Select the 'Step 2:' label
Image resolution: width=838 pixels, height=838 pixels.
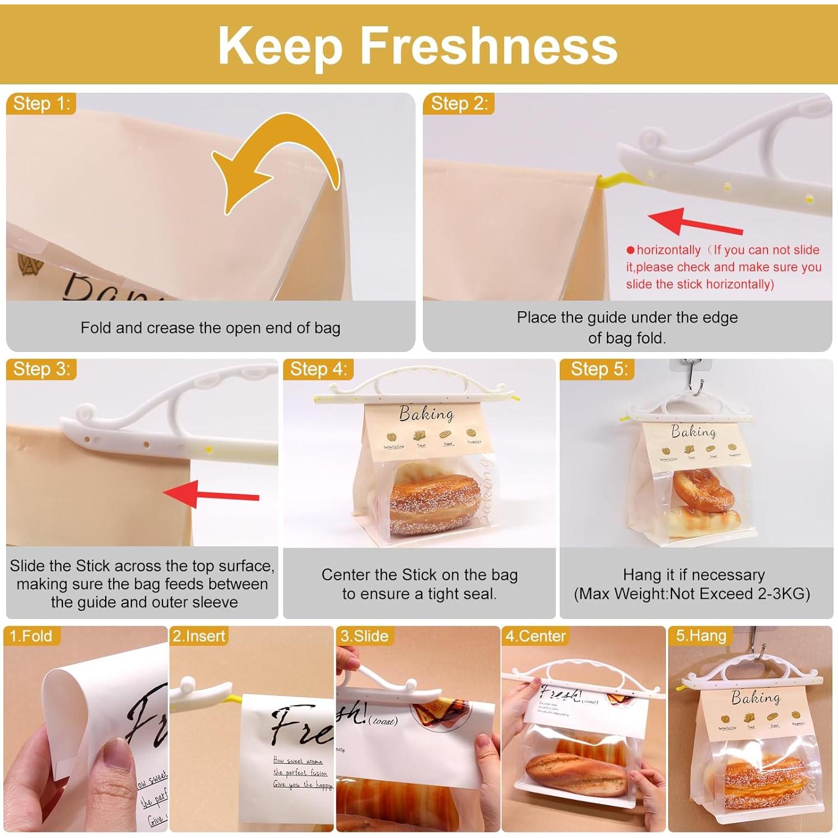click(x=459, y=103)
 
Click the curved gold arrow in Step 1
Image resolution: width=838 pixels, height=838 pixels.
click(x=274, y=168)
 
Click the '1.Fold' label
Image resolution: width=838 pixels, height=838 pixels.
click(x=31, y=636)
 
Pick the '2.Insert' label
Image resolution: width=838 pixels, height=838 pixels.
click(x=199, y=636)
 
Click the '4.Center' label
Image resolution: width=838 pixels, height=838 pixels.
click(x=535, y=636)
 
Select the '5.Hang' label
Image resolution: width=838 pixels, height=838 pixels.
click(x=701, y=636)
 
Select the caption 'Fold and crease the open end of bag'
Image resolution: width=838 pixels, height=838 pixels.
click(x=210, y=327)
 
